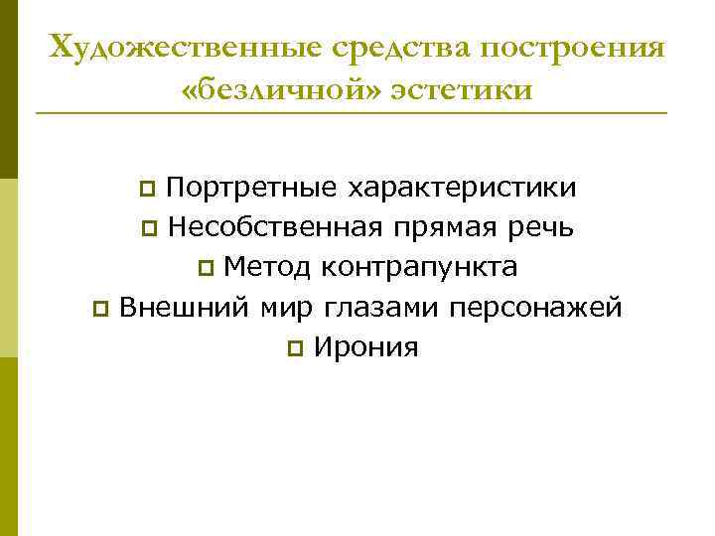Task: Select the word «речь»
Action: [538, 227]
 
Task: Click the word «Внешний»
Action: [182, 308]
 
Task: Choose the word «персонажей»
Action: [536, 308]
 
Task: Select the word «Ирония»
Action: [364, 347]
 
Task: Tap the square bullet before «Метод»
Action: [205, 269]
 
